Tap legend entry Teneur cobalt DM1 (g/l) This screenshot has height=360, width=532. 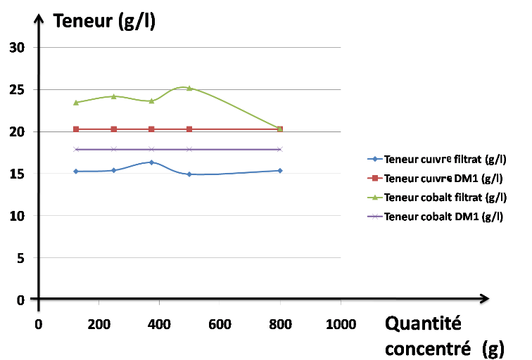pos(441,216)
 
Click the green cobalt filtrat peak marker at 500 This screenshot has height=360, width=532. pos(189,88)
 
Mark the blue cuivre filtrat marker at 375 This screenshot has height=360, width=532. pos(151,162)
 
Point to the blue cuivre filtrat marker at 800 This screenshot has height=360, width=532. pos(280,171)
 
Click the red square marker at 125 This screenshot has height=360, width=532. pos(76,129)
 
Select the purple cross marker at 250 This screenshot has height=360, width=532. pos(113,149)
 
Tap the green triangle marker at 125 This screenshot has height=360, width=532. pos(76,103)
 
